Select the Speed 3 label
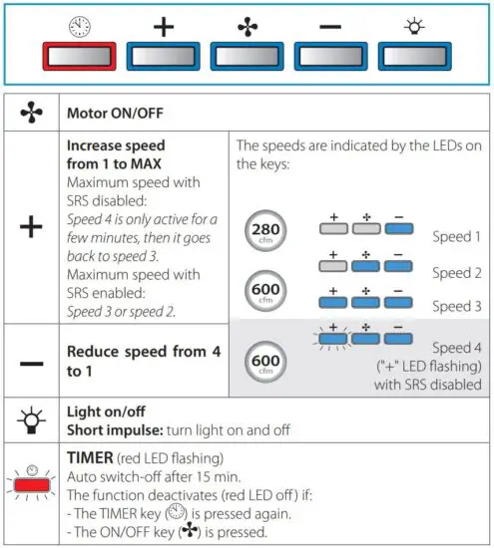point(458,306)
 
